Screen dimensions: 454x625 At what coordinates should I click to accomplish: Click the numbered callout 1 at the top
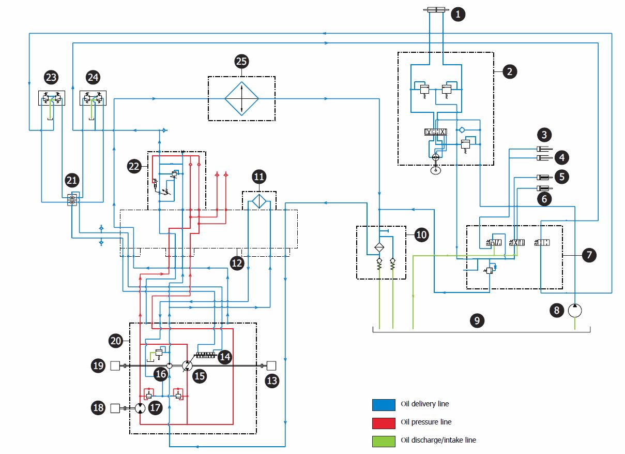[x=458, y=14]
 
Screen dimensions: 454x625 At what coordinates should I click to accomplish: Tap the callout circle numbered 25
[x=241, y=62]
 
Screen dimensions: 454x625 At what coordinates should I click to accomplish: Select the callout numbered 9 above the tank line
[x=477, y=320]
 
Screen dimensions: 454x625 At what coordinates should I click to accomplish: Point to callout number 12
[x=237, y=263]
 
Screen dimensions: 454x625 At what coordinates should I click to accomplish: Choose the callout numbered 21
[x=72, y=181]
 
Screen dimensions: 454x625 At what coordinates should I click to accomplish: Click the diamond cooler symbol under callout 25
[x=241, y=98]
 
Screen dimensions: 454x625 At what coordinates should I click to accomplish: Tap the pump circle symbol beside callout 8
[x=575, y=310]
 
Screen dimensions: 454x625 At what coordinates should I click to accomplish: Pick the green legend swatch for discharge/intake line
[x=383, y=441]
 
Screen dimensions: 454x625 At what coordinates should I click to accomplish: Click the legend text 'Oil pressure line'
[x=426, y=422]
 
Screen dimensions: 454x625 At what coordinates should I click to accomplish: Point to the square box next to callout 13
[x=271, y=366]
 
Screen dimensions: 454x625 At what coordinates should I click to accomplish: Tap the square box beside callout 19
[x=115, y=367]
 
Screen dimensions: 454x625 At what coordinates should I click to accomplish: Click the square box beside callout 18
[x=115, y=408]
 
